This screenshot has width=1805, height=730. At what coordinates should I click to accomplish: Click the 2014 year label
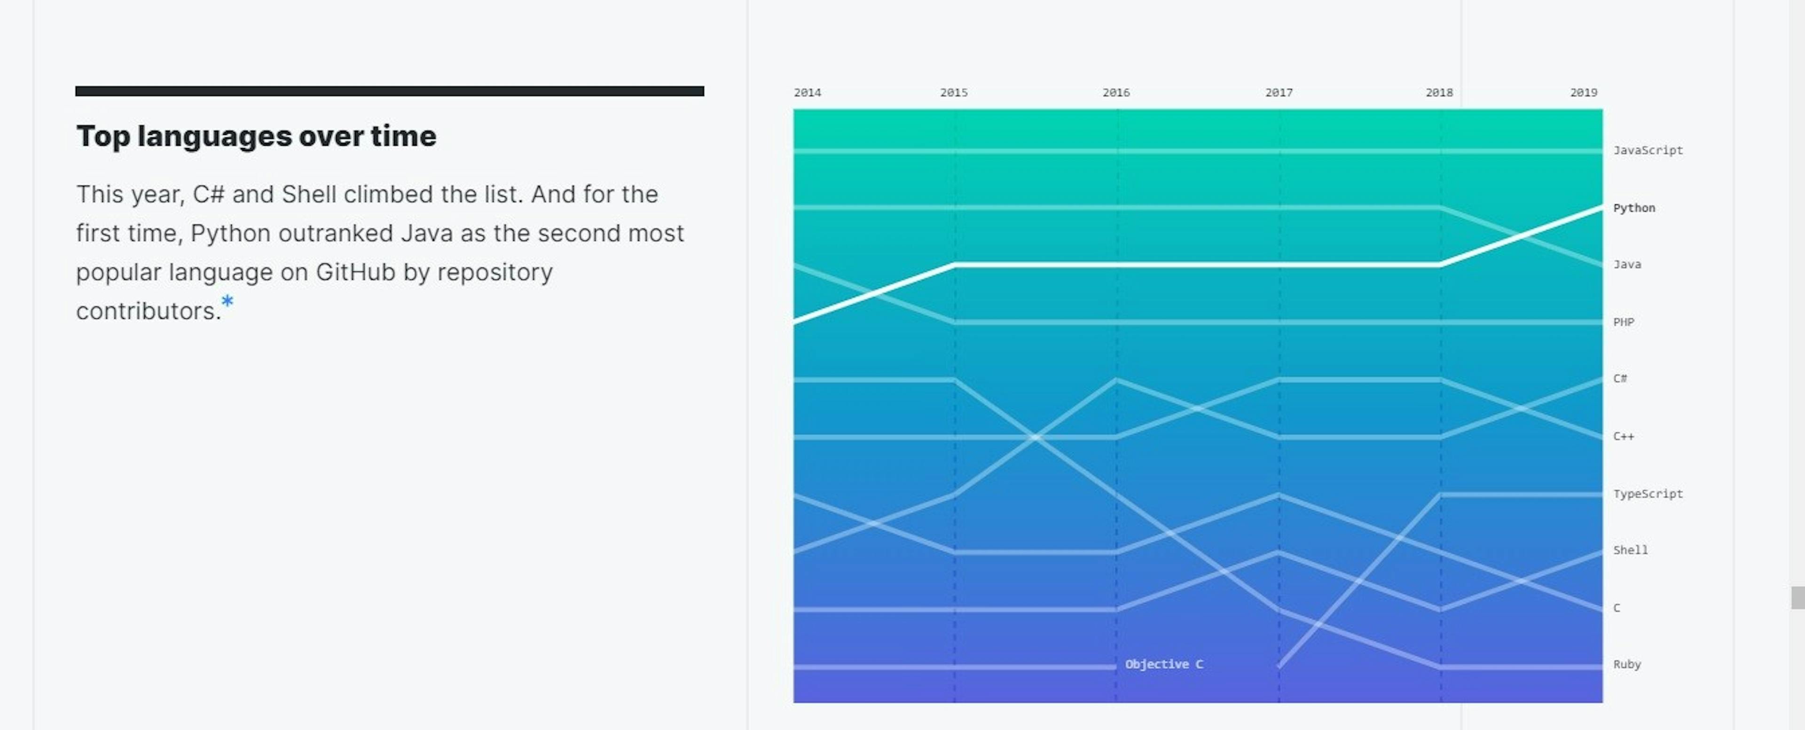click(x=807, y=93)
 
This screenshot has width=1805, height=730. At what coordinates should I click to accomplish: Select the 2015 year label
click(x=954, y=93)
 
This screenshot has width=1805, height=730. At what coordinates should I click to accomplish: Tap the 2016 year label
click(x=1116, y=93)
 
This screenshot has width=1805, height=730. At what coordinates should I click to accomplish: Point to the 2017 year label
click(x=1279, y=93)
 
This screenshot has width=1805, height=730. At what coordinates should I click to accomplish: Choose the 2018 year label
click(x=1439, y=93)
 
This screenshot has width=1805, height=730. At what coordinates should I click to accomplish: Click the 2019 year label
click(x=1584, y=93)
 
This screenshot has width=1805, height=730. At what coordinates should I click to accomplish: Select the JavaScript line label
click(x=1648, y=150)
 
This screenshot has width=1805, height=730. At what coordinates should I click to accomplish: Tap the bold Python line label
click(x=1634, y=208)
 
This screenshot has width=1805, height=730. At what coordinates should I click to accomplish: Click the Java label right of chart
click(x=1627, y=265)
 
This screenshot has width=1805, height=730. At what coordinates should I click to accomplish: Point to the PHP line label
click(x=1624, y=322)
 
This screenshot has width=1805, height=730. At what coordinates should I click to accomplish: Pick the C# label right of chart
click(x=1620, y=379)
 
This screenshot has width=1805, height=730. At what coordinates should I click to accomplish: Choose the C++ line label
click(x=1624, y=437)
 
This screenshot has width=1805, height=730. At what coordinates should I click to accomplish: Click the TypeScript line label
click(x=1648, y=494)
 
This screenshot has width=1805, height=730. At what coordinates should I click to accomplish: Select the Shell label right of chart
click(x=1631, y=550)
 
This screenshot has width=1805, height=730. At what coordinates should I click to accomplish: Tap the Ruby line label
click(x=1627, y=664)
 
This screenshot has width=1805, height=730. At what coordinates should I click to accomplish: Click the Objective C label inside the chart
click(x=1164, y=664)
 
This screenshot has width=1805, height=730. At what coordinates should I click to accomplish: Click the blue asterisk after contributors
click(x=227, y=302)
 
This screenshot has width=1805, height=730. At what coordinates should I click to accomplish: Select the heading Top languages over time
click(x=257, y=136)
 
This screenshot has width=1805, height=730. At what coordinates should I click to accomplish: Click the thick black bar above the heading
click(x=390, y=91)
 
